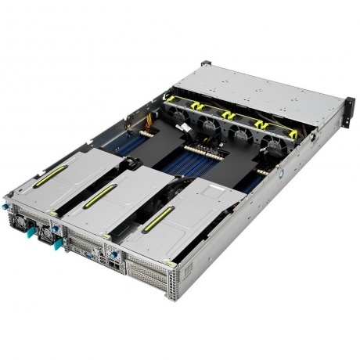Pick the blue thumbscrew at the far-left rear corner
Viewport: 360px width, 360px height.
(x=5, y=207)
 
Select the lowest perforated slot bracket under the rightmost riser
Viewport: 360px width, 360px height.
(x=149, y=286)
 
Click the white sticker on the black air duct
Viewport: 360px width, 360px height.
(x=182, y=126)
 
